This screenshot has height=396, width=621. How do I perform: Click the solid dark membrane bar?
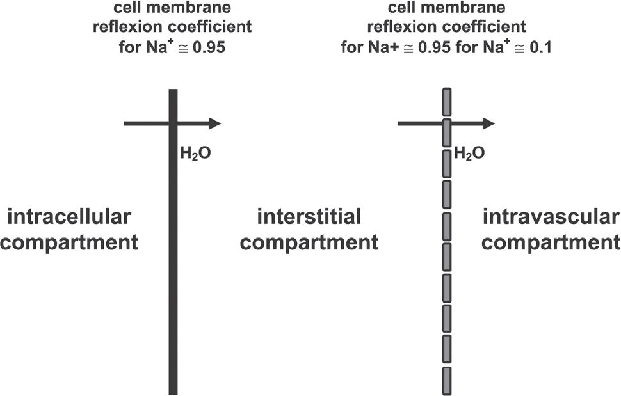[x=173, y=256]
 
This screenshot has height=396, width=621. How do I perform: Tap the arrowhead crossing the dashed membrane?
[x=488, y=123]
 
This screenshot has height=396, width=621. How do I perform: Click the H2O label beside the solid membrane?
[x=196, y=154]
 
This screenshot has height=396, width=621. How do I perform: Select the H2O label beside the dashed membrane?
[x=469, y=154]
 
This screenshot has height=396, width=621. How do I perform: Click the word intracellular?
[x=69, y=218]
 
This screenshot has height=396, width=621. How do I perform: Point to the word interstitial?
[x=309, y=216]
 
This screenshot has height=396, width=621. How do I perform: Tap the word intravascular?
[x=551, y=218]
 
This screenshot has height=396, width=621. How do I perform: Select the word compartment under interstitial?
[x=309, y=243]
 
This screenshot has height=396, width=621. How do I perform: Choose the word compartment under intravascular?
[x=551, y=243]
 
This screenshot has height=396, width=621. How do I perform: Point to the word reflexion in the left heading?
[x=134, y=28]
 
